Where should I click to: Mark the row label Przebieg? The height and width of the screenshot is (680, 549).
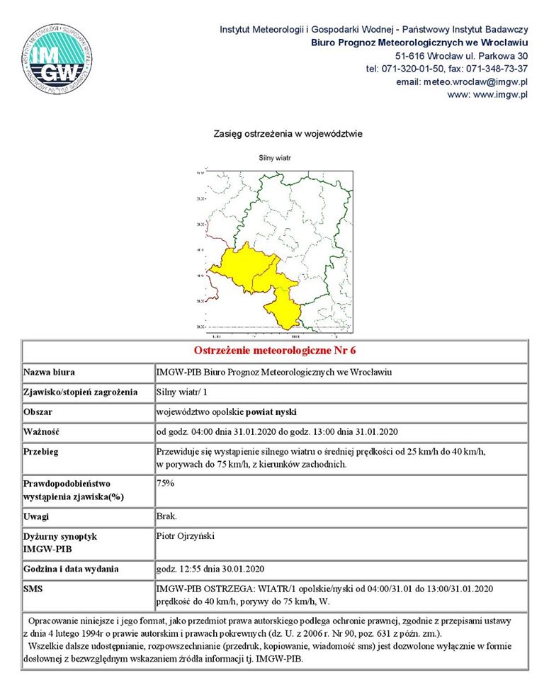(40, 451)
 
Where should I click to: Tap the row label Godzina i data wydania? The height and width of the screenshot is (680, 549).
(71, 569)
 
